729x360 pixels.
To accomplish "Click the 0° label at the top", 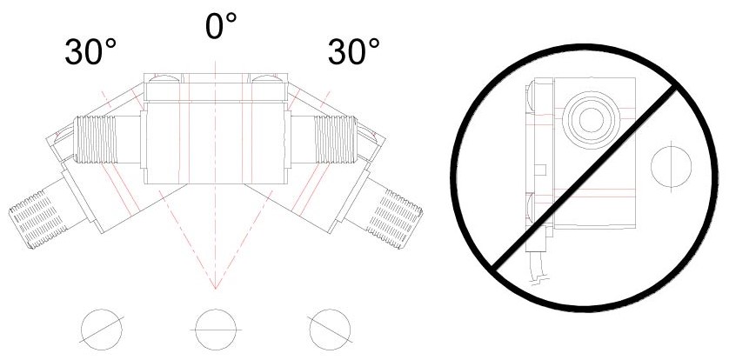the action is (221, 25).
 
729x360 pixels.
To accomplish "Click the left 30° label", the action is (90, 51).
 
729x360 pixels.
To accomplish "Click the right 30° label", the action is (353, 51).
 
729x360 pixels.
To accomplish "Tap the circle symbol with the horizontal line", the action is (215, 330).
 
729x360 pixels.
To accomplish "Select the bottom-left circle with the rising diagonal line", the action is (102, 330).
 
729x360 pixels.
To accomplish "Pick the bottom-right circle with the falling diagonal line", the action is (330, 330).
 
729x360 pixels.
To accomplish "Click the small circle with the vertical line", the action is (671, 166).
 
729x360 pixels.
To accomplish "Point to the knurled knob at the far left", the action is (36, 219).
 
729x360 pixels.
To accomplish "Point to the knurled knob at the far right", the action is (395, 219).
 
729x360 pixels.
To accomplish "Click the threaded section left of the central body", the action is (96, 139).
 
